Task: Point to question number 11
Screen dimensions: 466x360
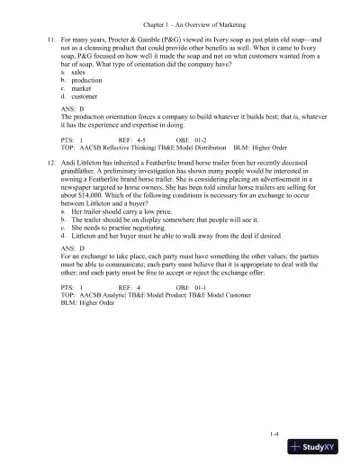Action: tap(51, 41)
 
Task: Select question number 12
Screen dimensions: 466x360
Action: tap(51, 182)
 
